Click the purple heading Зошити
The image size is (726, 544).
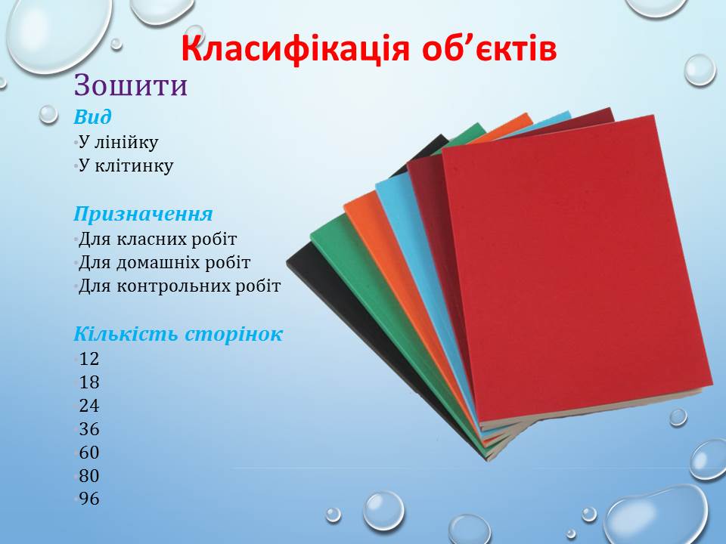tap(131, 85)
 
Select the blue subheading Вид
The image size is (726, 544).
tap(92, 116)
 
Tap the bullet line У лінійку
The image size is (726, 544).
tap(119, 143)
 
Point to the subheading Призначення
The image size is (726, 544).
tap(143, 215)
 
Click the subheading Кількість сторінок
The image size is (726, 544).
tap(178, 334)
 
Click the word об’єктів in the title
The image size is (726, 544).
tap(489, 49)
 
